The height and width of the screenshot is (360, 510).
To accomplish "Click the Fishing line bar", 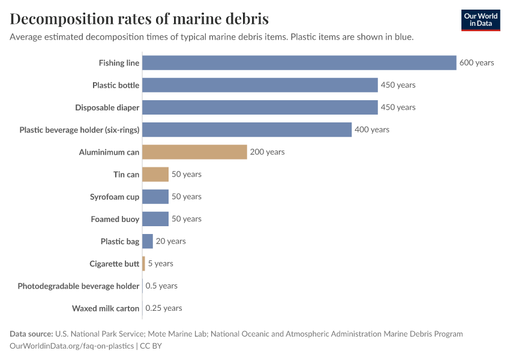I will pos(299,63).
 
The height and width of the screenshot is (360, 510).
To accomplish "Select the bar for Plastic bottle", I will pos(260,85).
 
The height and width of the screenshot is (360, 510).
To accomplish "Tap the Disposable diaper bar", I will pos(260,107).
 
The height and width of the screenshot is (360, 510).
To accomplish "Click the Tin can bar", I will pos(155,174).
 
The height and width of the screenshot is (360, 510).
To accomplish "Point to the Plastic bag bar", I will pos(148,241).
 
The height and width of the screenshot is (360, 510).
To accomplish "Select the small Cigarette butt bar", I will pos(144,263).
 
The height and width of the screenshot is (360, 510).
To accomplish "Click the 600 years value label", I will pos(476,63).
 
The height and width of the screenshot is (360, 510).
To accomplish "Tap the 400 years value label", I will pos(371,130).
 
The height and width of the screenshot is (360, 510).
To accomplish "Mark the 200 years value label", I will pos(267,152).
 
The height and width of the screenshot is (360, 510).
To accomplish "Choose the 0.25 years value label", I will pos(163,308).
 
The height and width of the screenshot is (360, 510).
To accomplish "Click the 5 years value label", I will pos(160,263).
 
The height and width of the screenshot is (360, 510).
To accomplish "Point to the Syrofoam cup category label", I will pos(115,197).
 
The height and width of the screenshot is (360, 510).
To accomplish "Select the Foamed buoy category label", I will pos(115,219).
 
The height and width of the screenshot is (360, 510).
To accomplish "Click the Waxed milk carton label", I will pos(106,308).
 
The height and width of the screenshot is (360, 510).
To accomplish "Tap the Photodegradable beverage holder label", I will pos(79,286).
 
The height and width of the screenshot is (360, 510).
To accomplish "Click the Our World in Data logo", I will pos(480,20).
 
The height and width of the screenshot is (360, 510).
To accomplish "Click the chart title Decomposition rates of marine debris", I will pos(139,19).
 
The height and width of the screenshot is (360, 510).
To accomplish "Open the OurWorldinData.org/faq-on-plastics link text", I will pos(71,346).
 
